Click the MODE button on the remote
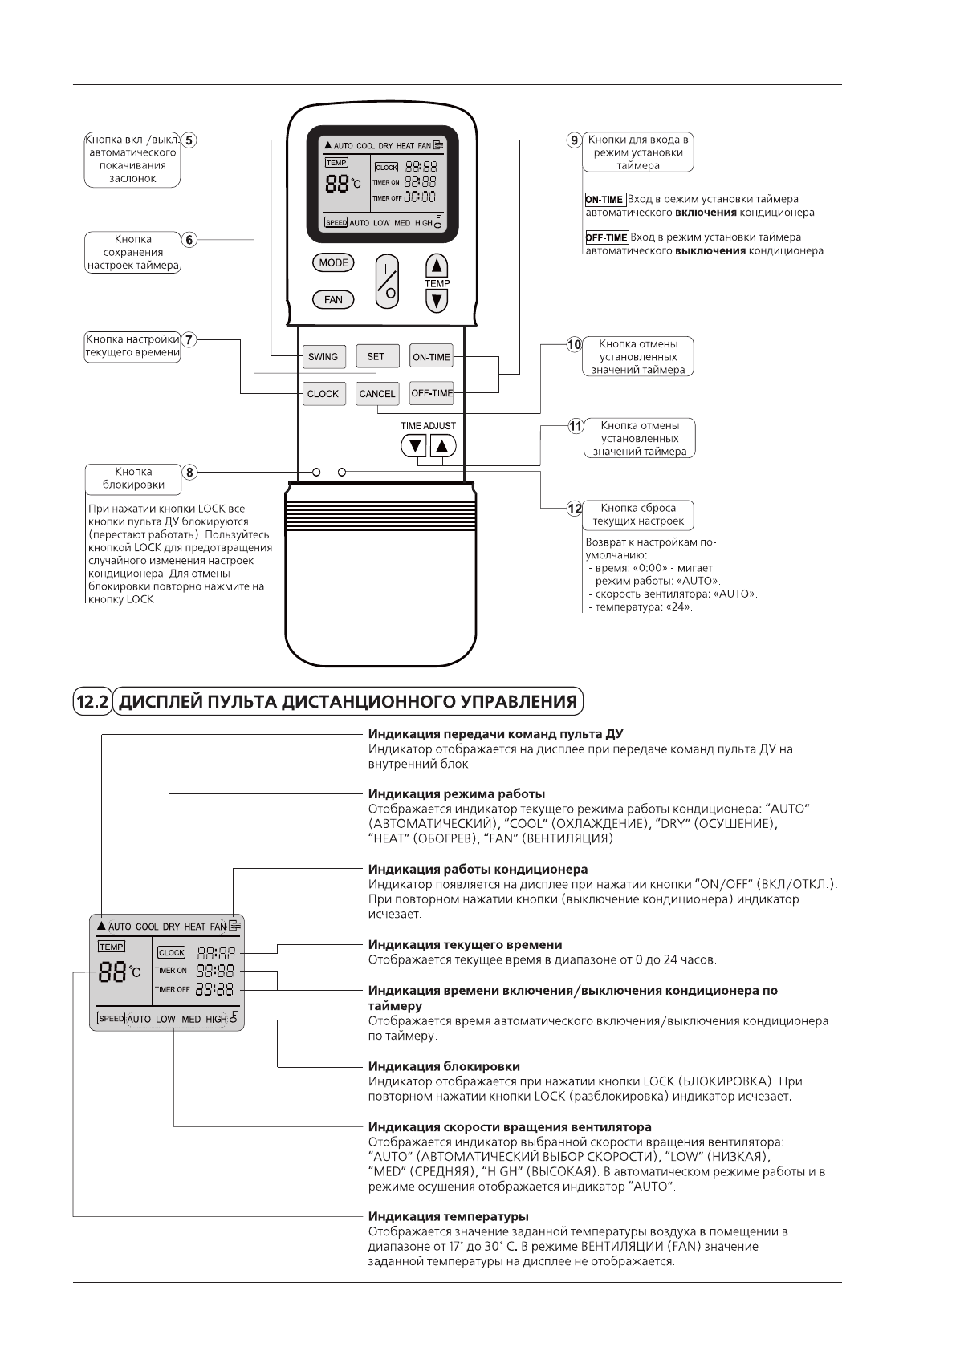coord(333,262)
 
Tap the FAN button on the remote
coord(333,300)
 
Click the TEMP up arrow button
coord(436,266)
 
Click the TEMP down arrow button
coord(436,301)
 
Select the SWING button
coord(323,357)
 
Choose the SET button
coord(376,357)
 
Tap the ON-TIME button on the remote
coord(431,357)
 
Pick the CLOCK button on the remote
coord(323,394)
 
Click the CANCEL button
coord(376,394)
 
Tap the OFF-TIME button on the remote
coord(432,393)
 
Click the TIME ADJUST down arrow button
coord(415,446)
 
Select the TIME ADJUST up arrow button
coord(442,446)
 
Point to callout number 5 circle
coord(189,140)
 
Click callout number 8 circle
coord(189,473)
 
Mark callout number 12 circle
coord(575,509)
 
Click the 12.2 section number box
coord(92,702)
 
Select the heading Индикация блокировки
coord(444,1066)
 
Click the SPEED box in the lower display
coord(111,1018)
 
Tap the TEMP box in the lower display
coord(112,947)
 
